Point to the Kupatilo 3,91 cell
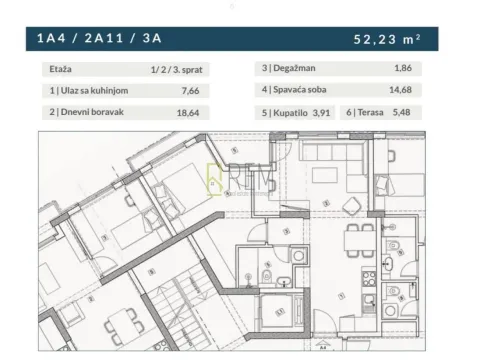click(x=297, y=113)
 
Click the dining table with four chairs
click(x=356, y=241)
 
